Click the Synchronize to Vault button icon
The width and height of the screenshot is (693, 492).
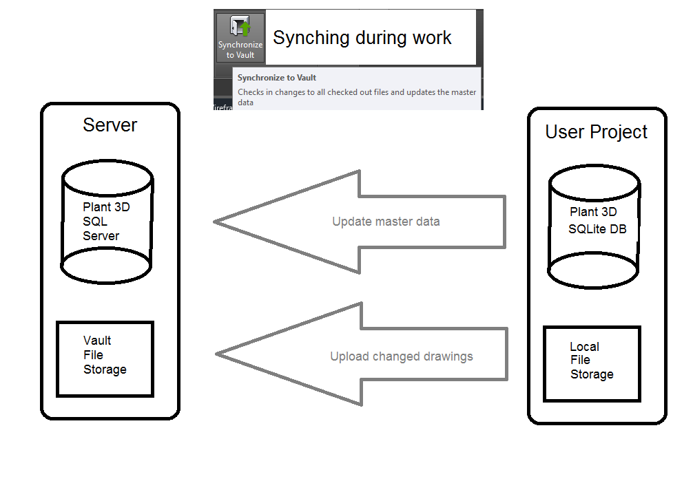click(x=240, y=29)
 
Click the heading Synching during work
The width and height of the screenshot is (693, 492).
click(x=362, y=38)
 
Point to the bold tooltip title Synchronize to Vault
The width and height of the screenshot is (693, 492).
click(x=277, y=78)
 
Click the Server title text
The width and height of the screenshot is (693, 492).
click(x=110, y=125)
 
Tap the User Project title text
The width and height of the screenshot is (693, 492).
click(x=596, y=131)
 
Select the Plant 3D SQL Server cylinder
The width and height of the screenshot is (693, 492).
click(x=107, y=220)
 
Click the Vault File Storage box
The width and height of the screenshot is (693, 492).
click(x=105, y=359)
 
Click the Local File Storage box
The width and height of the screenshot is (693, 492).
click(x=592, y=363)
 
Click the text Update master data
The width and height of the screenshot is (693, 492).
click(x=386, y=222)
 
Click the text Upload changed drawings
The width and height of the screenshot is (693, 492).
click(x=401, y=356)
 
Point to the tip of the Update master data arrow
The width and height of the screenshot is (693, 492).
click(x=216, y=222)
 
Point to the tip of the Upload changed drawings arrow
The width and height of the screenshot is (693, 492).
click(x=218, y=354)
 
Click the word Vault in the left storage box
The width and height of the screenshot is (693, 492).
click(x=97, y=341)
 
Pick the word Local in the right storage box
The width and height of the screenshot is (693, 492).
click(x=584, y=347)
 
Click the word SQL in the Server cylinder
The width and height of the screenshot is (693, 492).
click(x=95, y=222)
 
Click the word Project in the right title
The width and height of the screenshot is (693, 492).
click(x=619, y=131)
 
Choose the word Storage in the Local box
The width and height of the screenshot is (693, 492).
click(x=592, y=374)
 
